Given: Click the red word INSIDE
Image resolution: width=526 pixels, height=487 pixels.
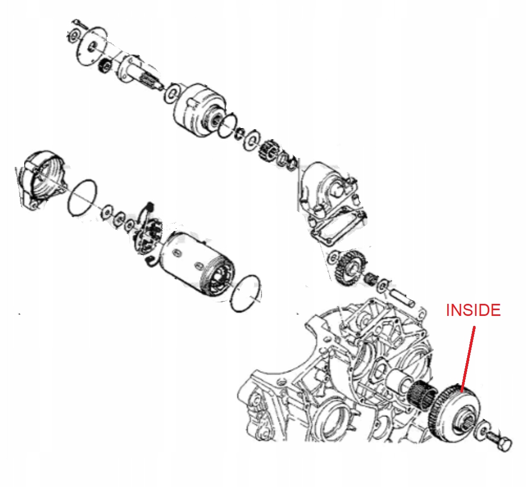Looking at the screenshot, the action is point(474,310).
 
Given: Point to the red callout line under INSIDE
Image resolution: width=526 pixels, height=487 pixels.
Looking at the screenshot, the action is point(468,359).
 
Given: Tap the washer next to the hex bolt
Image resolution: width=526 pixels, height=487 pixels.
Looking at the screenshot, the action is point(481,432).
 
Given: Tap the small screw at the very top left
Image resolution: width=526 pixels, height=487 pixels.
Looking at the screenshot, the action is point(79,24).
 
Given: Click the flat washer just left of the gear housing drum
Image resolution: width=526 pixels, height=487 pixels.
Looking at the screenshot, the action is point(172,93).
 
